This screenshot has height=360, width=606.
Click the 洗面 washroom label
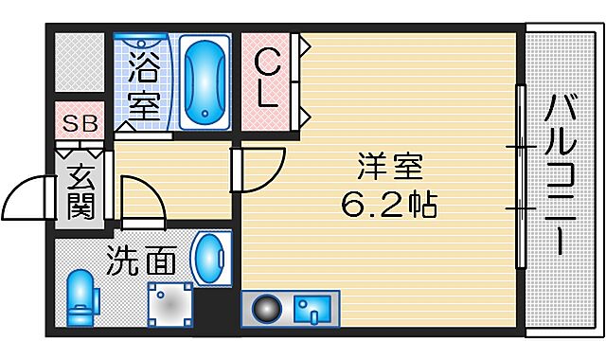138,259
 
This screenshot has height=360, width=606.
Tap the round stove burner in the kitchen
266,308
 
